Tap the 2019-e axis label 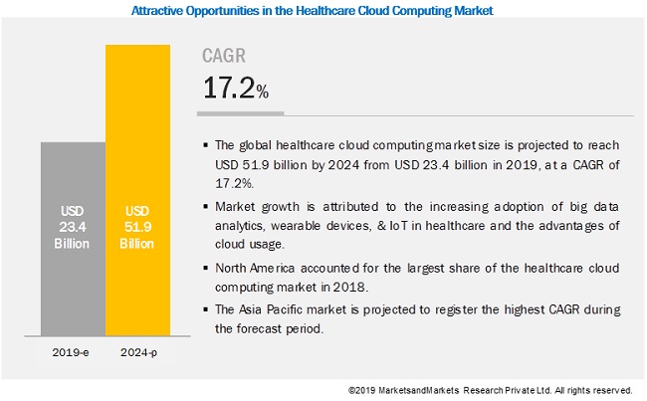click(72, 352)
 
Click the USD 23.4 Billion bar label click(72, 226)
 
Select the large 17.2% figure click(236, 90)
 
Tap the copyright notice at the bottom click(491, 390)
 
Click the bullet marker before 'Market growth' click(205, 206)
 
